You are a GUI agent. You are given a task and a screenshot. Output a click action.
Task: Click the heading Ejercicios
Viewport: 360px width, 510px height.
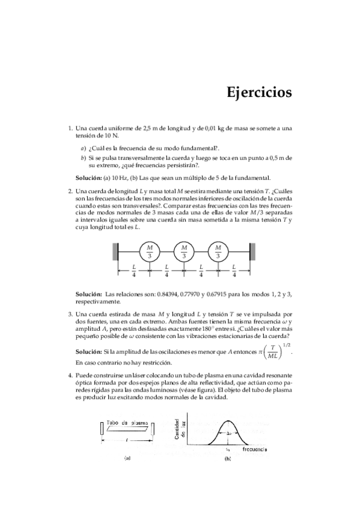coord(259,93)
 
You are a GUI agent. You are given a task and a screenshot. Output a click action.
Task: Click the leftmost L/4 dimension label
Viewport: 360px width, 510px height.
coord(133,271)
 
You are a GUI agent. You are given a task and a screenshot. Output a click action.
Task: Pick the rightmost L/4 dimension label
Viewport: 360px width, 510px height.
coord(234,271)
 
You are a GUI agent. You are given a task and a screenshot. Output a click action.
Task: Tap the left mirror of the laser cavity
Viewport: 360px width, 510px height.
coord(99,430)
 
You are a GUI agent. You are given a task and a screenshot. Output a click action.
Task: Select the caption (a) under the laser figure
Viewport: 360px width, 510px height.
coord(127,458)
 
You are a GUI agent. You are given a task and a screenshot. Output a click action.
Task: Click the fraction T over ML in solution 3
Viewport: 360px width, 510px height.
coord(273,352)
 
